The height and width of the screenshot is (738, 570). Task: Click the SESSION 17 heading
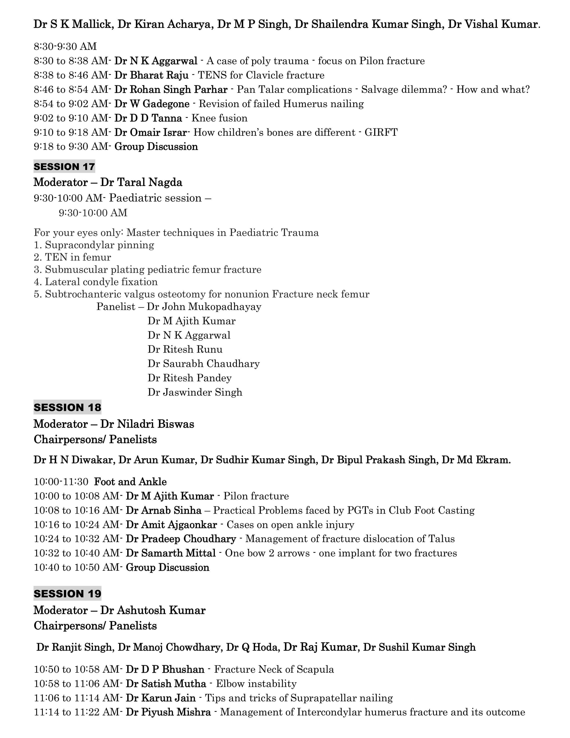point(64,167)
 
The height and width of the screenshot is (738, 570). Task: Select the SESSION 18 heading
point(67,407)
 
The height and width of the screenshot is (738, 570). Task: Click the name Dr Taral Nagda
point(141,182)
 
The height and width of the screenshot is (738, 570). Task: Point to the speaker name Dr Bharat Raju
point(151,75)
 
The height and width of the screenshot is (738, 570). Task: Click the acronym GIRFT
point(381,132)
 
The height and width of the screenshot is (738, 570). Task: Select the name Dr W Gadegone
point(152,104)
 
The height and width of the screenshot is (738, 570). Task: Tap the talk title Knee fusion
point(220,118)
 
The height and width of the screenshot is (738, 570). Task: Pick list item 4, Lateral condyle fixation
point(96,282)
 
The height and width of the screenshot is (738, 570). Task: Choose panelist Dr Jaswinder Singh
point(195,392)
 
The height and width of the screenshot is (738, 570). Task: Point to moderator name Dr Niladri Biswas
point(147,424)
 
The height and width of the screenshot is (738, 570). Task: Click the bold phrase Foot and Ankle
point(130,481)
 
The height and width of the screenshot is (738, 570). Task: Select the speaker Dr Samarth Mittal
point(171,553)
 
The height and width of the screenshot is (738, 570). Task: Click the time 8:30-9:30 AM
point(65,46)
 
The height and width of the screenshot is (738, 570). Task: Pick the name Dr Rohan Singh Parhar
point(171,89)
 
